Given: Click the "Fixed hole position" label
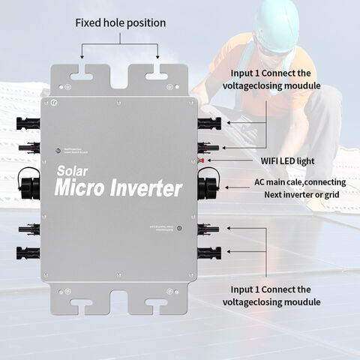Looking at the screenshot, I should (x=120, y=23).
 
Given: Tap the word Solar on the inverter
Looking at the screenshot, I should (x=73, y=170).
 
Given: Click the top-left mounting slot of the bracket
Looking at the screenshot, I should (x=88, y=73).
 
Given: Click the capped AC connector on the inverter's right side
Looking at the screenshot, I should (x=207, y=184).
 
